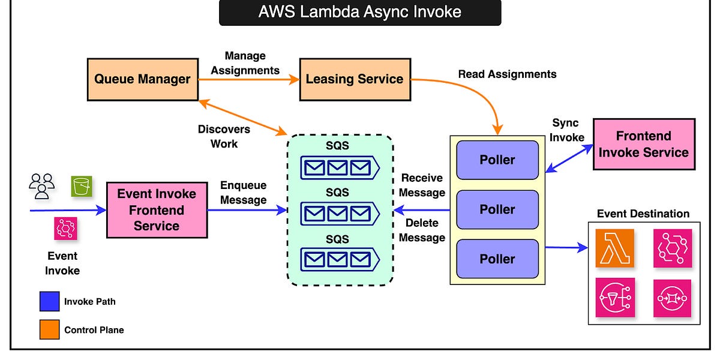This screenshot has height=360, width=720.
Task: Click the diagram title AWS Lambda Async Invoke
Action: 359,12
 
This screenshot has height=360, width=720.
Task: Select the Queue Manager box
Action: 142,79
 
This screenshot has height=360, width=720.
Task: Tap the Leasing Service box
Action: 354,79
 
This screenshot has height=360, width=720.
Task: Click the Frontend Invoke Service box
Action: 643,144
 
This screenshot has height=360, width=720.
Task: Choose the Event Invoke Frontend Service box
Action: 157,210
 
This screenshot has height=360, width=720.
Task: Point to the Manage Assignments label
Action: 245,63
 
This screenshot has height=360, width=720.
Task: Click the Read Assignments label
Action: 507,74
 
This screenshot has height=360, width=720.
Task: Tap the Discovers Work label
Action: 224,137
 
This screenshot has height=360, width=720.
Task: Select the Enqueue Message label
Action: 243,193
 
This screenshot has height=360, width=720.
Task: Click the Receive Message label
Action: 422,185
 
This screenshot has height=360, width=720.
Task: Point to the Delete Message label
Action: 422,230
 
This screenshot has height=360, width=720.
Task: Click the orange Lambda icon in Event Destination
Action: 614,248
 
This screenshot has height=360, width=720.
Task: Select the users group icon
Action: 42,185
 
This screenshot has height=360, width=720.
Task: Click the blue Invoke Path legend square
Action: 49,301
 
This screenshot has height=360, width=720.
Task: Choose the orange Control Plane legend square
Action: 49,329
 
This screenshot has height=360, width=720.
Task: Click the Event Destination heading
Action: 643,214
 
